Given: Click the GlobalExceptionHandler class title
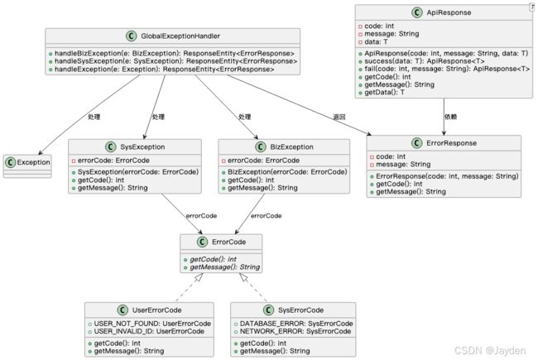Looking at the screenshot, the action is [180, 36].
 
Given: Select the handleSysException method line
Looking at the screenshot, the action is [176, 61].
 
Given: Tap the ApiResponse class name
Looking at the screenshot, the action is [449, 12].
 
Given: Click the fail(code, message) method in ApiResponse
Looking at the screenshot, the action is [447, 69].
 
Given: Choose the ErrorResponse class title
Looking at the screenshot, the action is [452, 143].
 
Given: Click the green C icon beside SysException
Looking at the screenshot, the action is [110, 146].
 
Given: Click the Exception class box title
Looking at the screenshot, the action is [33, 162].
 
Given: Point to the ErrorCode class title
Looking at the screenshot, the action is [228, 242].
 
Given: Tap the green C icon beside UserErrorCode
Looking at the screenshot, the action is [122, 310].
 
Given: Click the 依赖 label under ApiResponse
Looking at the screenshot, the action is [450, 117].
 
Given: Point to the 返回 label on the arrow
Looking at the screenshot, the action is [339, 117].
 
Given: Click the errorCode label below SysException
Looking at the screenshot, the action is [201, 216].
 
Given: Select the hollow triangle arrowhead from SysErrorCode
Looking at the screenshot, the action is [243, 277].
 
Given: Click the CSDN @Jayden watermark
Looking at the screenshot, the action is [490, 350].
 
